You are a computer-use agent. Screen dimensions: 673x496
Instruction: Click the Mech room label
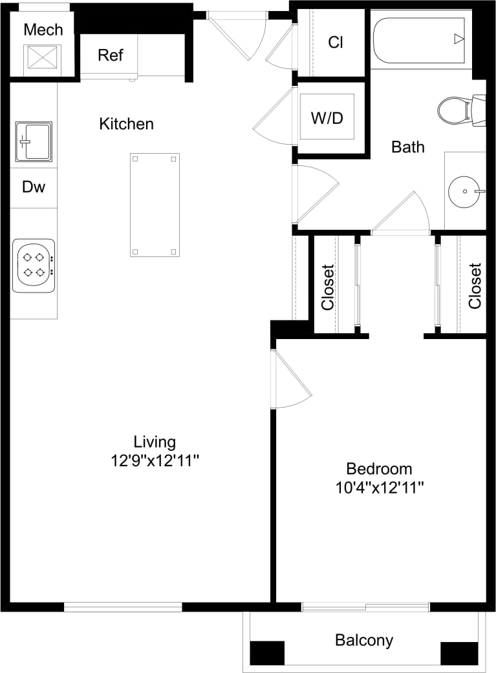43,30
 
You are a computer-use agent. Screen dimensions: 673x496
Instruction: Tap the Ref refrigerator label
110,55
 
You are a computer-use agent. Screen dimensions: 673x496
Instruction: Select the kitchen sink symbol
34,141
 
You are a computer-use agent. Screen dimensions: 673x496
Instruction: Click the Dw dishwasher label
34,187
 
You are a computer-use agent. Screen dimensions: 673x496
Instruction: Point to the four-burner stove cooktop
34,265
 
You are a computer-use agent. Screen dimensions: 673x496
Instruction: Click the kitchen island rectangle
155,205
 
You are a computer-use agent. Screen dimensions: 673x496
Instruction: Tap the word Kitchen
126,123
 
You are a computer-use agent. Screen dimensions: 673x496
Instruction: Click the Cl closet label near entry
335,43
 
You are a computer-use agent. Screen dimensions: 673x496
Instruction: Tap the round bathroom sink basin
465,191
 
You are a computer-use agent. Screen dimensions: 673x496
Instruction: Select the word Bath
408,147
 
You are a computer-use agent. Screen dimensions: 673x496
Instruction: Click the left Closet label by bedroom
328,286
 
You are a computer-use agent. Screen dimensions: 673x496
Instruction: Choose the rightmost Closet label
475,285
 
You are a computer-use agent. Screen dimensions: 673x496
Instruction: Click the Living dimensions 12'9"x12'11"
155,461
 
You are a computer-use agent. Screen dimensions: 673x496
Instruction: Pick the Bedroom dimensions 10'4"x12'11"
379,487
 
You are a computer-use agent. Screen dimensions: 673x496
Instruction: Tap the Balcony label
364,640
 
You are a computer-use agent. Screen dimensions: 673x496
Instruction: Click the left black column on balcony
267,653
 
